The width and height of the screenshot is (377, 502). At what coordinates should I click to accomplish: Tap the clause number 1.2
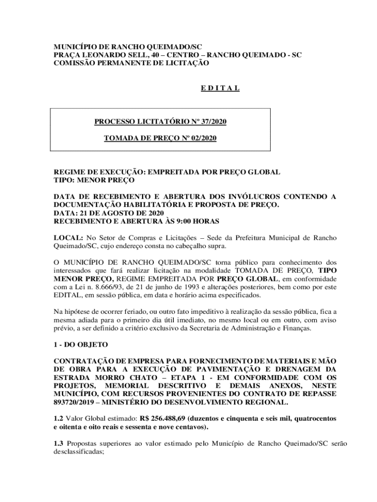[58, 419]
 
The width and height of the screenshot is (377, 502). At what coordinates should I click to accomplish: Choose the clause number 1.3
[58, 443]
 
